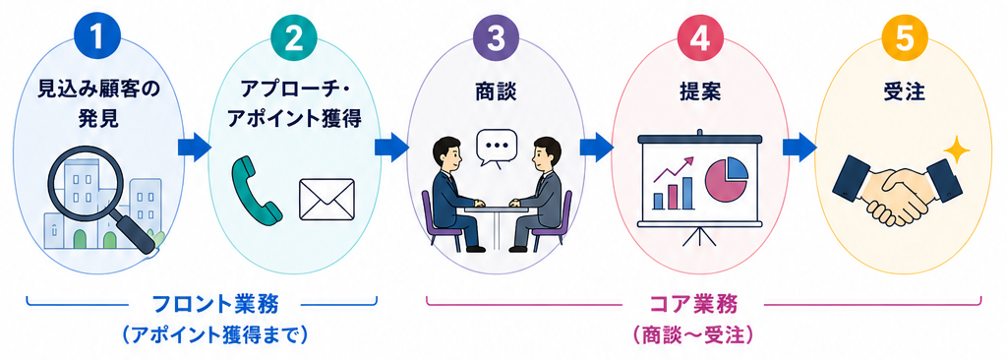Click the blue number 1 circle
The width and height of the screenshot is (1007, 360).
pos(96,39)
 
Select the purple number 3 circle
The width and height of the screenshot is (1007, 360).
pos(496,39)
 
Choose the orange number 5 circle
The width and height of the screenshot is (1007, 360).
pos(904,39)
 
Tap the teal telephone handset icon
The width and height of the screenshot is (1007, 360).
pos(257,190)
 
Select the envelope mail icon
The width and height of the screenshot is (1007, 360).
pos(326,200)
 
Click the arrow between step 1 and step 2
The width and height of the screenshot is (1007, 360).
pos(194,147)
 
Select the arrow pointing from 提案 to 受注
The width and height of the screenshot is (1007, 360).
pos(800,147)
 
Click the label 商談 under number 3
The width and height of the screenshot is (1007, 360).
pos(496,91)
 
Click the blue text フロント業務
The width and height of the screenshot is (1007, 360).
pos(214,303)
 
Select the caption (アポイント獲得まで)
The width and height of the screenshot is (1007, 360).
pos(215,335)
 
